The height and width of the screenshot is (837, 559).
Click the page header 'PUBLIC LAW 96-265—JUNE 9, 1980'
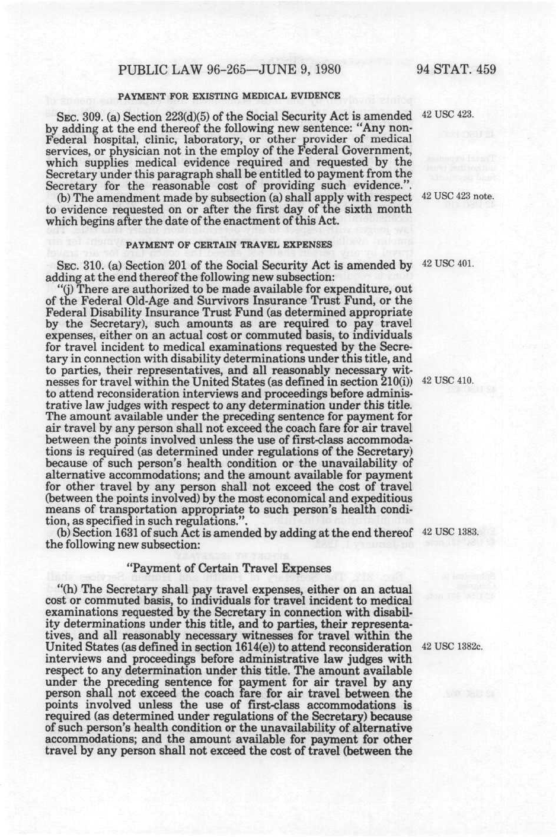[230, 69]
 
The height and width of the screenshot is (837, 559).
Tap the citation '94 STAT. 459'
[456, 69]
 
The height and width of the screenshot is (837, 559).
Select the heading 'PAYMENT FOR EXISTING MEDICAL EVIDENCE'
[229, 96]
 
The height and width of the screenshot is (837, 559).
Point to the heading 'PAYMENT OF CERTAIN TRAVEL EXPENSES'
[229, 244]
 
